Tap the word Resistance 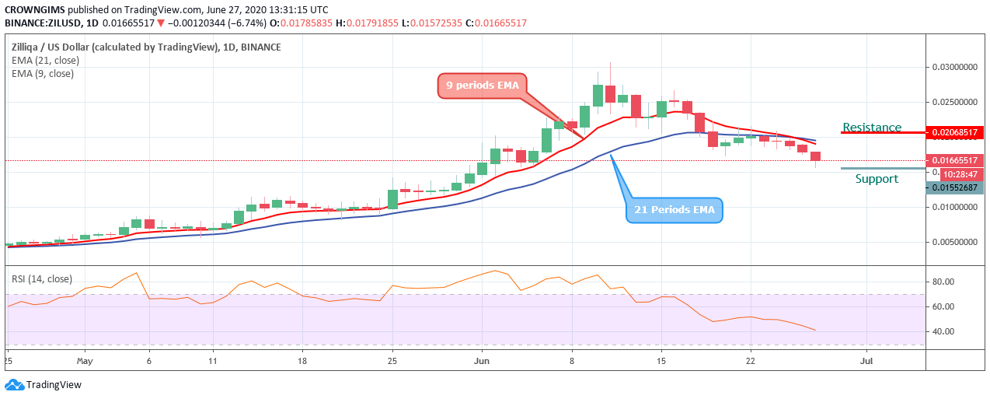[872, 128]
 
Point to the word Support [877, 179]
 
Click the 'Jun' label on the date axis [483, 361]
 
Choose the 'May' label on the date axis [85, 361]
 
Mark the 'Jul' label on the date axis [865, 361]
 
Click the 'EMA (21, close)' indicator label [43, 61]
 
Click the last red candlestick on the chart [815, 156]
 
